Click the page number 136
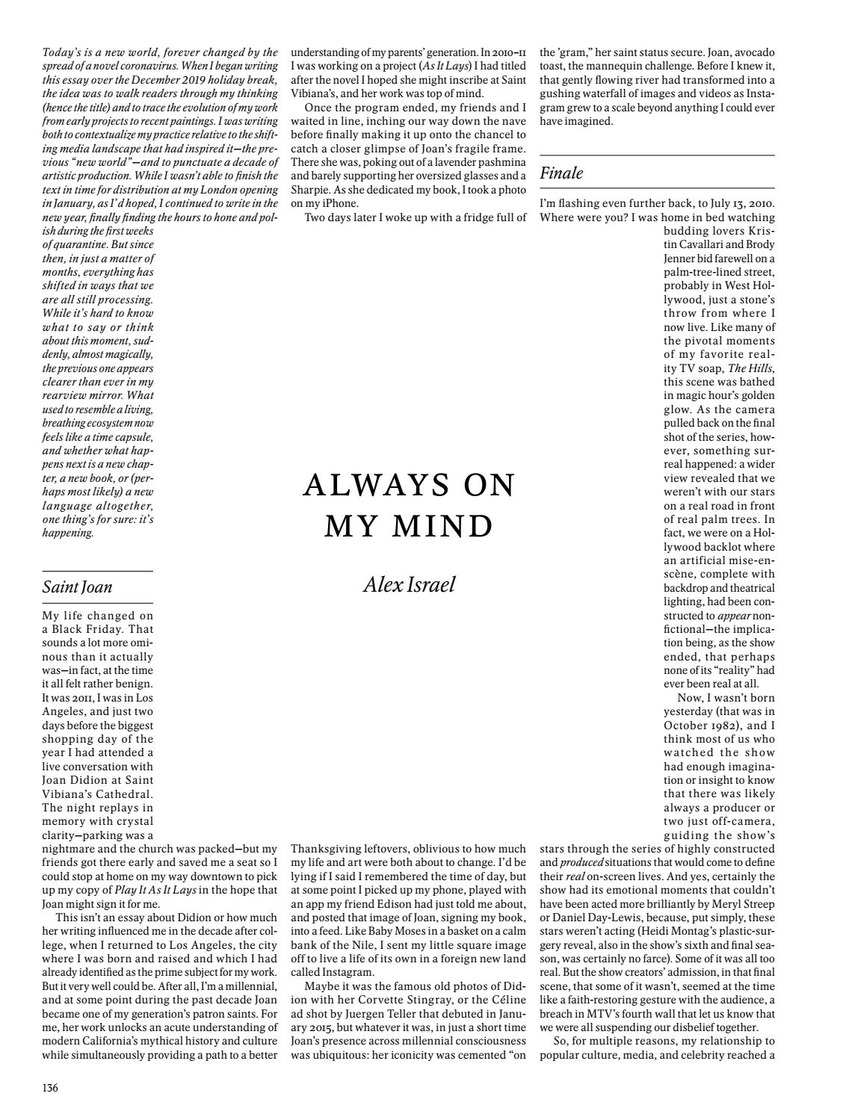(50, 1087)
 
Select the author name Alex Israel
(409, 584)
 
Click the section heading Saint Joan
(77, 587)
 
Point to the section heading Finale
(561, 173)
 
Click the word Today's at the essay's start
(64, 52)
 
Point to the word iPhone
(332, 203)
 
